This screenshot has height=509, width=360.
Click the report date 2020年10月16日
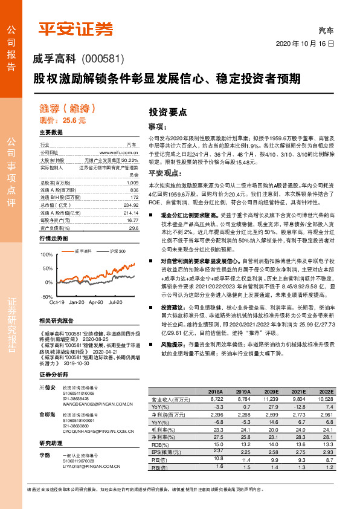(305, 44)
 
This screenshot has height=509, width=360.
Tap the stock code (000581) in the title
(102, 59)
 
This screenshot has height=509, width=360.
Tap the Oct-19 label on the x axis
(57, 302)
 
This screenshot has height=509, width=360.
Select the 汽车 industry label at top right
(326, 30)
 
